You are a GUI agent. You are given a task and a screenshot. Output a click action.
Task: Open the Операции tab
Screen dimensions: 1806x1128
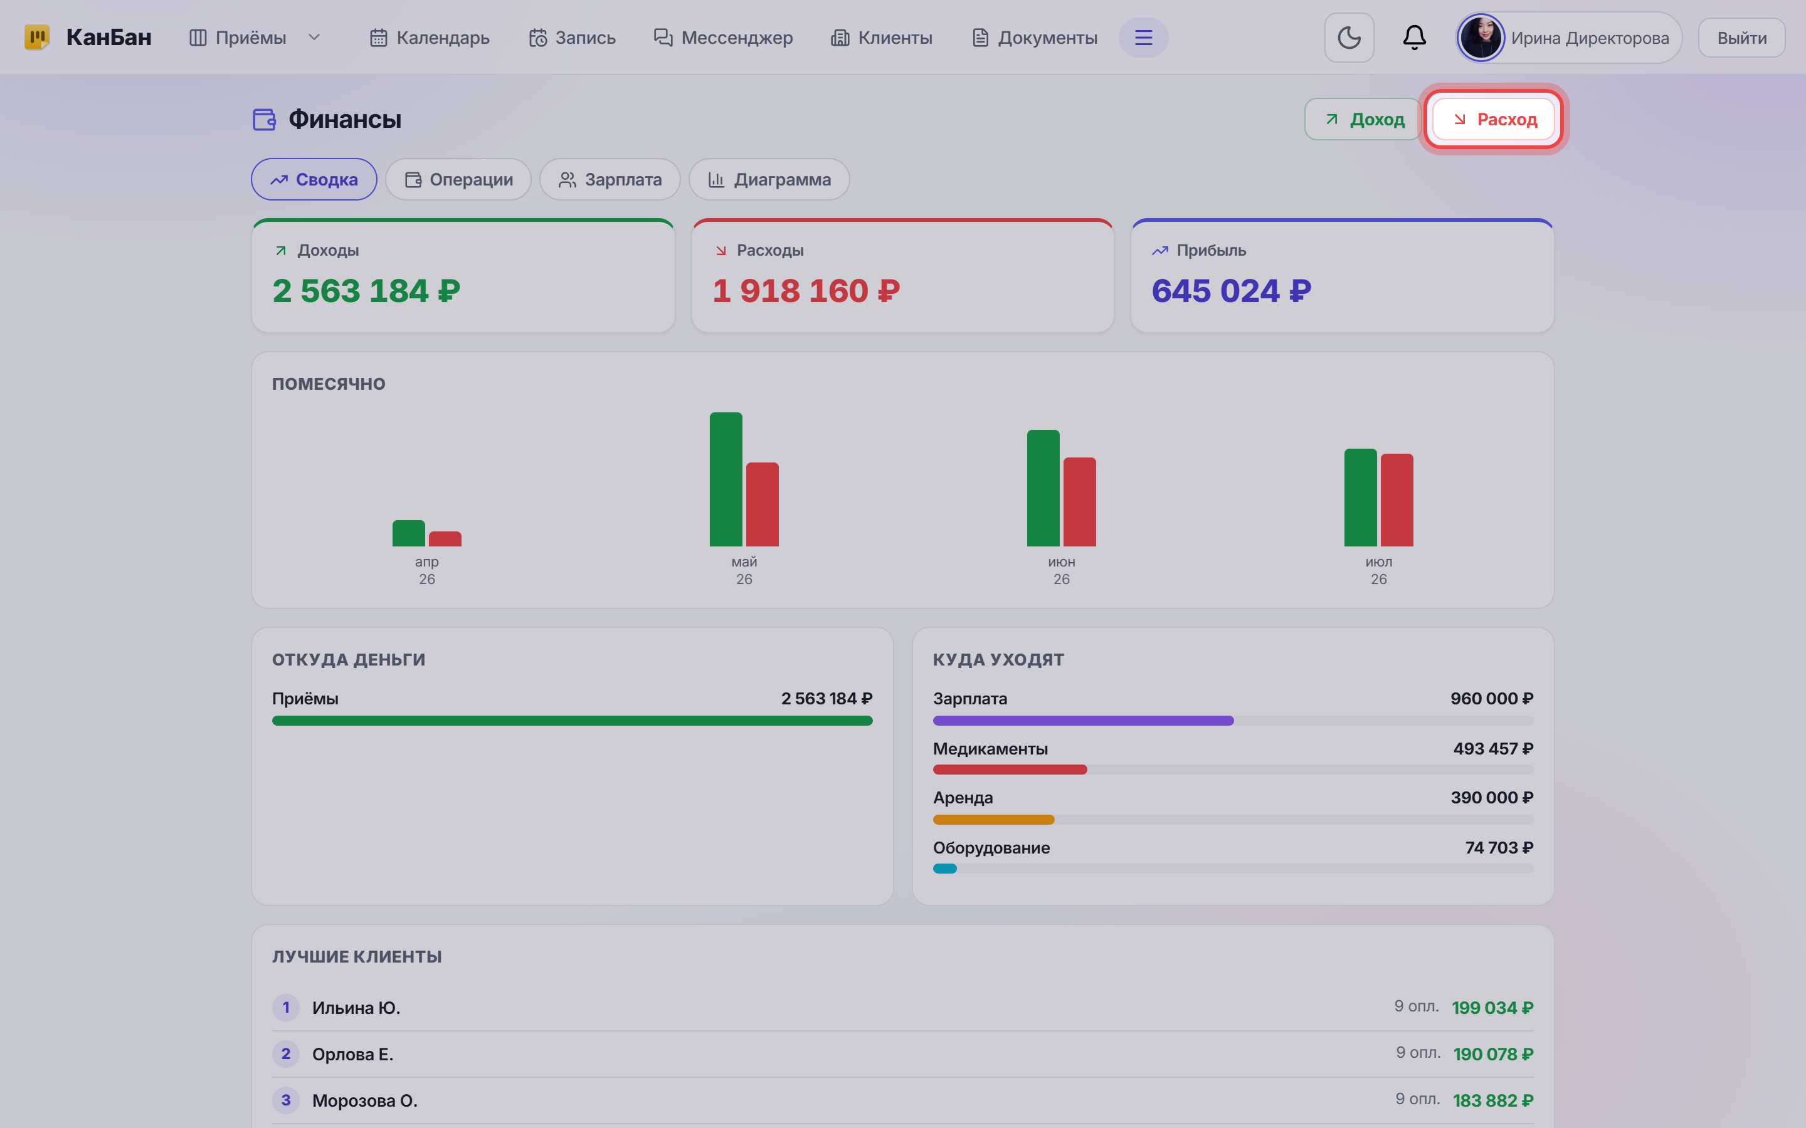point(458,180)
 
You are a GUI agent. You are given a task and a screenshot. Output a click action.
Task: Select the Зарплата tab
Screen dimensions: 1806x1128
point(610,180)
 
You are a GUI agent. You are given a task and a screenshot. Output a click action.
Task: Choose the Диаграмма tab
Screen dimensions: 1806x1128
point(769,180)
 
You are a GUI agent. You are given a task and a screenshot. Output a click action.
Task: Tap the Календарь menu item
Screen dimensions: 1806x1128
point(430,38)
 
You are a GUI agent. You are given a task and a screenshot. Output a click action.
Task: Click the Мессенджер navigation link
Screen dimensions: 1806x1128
point(723,38)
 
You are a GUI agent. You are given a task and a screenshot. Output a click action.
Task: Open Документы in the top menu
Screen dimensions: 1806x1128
point(1034,38)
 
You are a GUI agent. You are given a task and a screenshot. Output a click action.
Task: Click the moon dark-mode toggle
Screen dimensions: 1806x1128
point(1348,38)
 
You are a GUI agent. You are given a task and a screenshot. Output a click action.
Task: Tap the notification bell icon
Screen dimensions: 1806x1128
point(1414,38)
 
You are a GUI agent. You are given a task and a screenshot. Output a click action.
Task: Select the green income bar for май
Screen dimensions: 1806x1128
point(726,479)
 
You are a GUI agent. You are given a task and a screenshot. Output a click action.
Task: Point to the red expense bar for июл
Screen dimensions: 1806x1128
point(1397,500)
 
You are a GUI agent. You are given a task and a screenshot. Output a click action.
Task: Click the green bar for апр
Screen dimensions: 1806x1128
point(408,533)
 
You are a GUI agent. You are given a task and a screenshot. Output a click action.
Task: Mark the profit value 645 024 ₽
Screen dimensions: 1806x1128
point(1232,291)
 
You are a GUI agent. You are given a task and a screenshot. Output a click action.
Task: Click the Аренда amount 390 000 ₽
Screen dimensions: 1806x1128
point(1492,798)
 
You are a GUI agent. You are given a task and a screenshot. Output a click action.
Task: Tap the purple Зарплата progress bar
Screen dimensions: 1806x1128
point(1083,721)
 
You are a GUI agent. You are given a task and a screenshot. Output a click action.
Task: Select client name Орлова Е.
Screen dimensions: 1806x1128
point(352,1054)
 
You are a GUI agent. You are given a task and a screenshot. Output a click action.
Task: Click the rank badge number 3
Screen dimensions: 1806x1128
point(286,1100)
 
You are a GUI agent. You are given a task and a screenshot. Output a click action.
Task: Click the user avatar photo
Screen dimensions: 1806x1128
point(1481,38)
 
